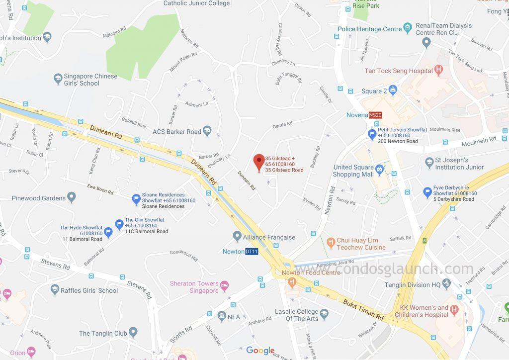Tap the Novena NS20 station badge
pos(375,115)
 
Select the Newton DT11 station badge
pos(252,252)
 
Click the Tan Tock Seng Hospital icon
pos(438,70)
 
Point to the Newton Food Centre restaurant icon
pos(292,282)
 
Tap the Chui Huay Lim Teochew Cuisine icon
pos(330,243)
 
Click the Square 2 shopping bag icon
pos(393,90)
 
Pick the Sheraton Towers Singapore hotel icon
pos(225,286)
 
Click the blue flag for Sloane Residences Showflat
pos(136,199)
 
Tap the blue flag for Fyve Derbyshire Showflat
pos(427,192)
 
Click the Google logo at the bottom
pos(260,351)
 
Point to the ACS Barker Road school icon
pos(207,131)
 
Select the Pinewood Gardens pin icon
pos(72,198)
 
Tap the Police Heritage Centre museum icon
pos(408,28)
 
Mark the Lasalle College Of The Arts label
pos(296,315)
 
